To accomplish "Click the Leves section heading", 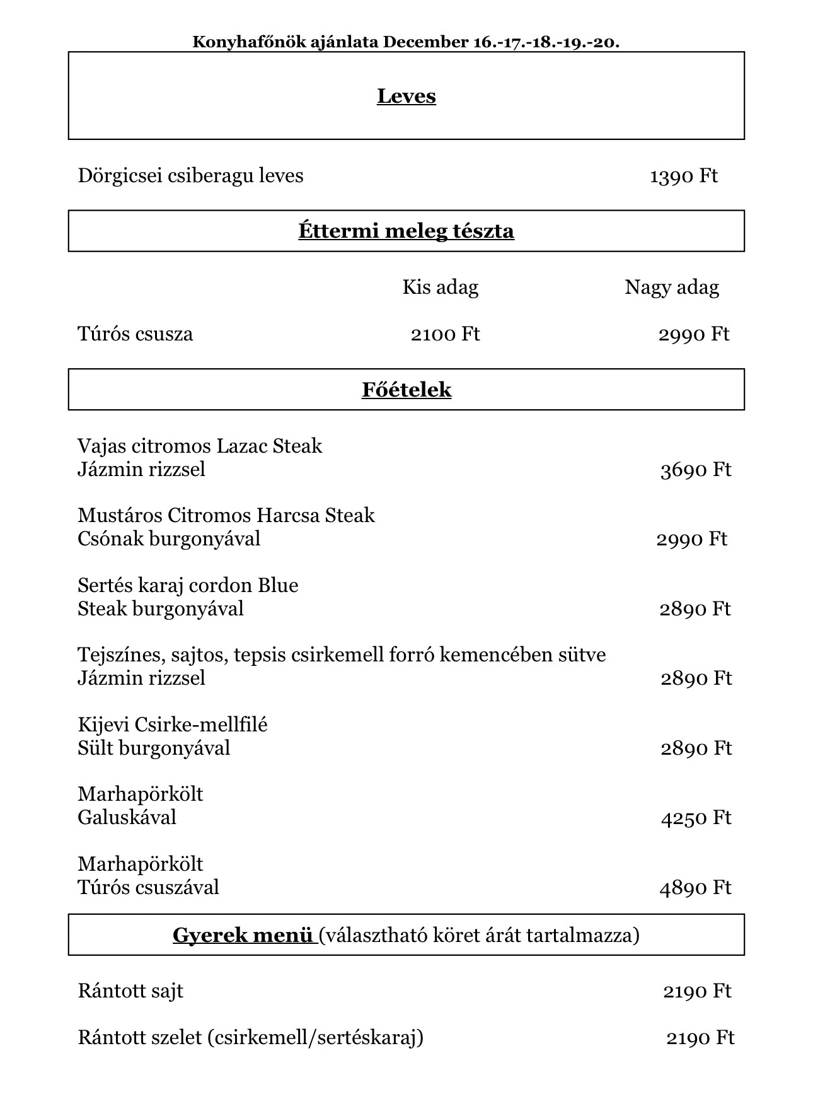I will coord(406,96).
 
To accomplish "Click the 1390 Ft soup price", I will coord(683,175).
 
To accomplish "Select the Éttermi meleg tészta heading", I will coord(406,231).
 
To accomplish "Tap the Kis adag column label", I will coord(440,288).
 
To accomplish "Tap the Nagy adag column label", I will coord(671,288).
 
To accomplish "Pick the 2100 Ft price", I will coord(445,334).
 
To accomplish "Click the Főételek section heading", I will coord(406,390).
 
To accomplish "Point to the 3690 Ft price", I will coord(696,470).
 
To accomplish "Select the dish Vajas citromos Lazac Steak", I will coord(200,446).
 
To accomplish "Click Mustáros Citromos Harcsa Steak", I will coord(226,516).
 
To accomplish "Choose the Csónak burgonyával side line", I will coord(169,539).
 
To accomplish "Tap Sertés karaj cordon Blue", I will coord(188,585).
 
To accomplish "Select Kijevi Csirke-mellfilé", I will coord(173,724).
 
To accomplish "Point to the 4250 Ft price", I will coord(696,818).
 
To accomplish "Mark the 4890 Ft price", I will coord(695,888).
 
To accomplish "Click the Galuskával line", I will coord(127,818).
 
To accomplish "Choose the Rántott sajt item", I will coord(130,991).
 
